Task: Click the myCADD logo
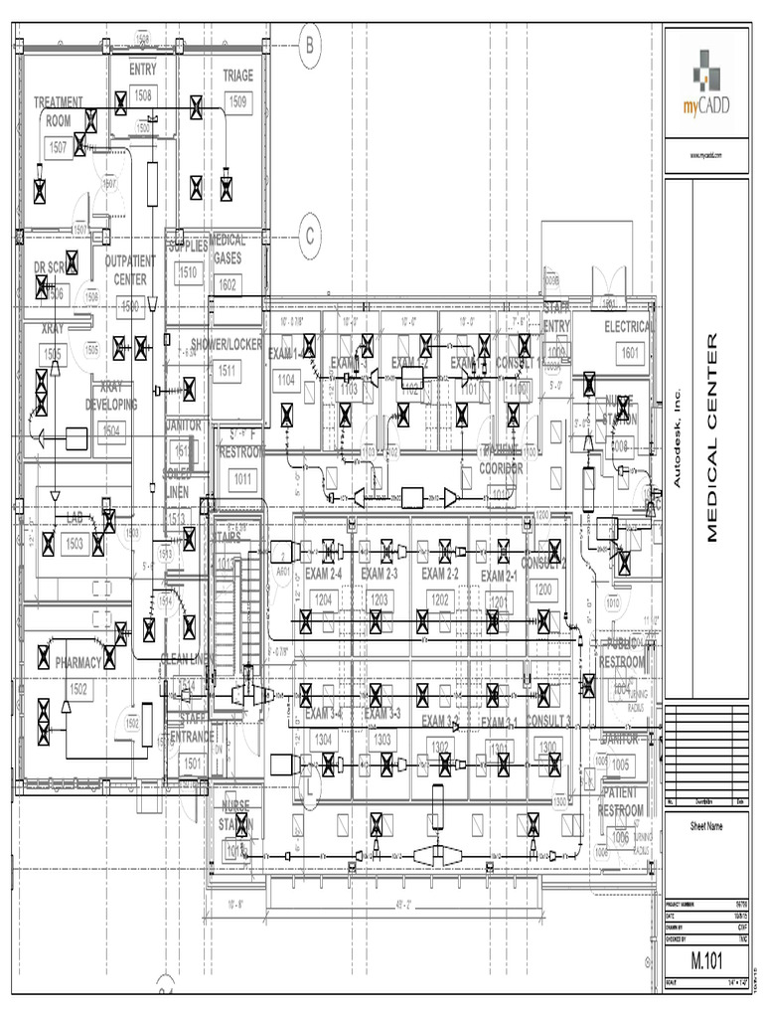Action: (706, 84)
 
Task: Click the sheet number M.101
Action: (705, 962)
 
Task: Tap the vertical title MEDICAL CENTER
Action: (711, 437)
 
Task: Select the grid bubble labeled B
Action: (310, 45)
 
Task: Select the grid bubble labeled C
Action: (310, 236)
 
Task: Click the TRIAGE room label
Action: (238, 76)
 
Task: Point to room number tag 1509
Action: (238, 101)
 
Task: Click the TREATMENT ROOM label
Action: (59, 110)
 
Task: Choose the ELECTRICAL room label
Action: (629, 327)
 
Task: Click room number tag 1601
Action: (630, 352)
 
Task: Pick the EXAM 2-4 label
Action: (323, 575)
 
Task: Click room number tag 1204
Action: (323, 599)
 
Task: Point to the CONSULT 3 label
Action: (547, 720)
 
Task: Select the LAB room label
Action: (75, 519)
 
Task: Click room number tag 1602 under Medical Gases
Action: (228, 284)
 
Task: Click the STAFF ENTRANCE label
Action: (192, 727)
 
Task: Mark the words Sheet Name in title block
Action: (706, 825)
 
